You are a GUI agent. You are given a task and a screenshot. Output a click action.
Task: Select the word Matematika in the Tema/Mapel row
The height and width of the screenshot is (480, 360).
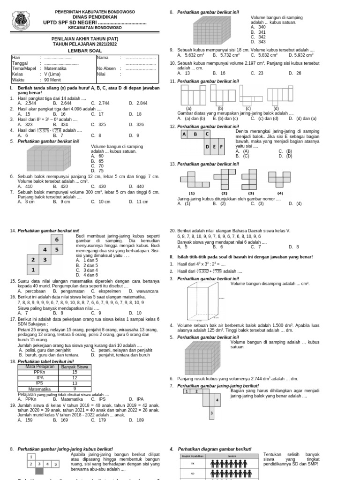tap(55, 68)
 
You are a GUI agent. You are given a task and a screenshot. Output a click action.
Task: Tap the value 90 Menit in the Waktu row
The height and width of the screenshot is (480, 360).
tap(53, 79)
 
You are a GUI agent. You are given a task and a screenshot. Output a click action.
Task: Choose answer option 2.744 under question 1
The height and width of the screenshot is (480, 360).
tap(102, 103)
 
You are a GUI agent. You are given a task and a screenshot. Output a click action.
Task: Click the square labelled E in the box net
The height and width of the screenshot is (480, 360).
tap(215, 147)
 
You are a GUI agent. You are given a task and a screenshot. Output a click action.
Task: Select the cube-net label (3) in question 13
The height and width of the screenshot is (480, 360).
tap(251, 193)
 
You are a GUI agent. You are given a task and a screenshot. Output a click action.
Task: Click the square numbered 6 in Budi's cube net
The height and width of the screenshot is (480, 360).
tap(57, 240)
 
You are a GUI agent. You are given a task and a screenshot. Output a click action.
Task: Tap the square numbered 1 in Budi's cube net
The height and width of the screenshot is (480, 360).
tap(33, 270)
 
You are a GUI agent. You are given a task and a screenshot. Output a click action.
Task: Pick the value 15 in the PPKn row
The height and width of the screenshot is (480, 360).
tap(75, 372)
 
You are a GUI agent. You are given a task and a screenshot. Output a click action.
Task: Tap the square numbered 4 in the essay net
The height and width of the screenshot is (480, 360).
tap(217, 400)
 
